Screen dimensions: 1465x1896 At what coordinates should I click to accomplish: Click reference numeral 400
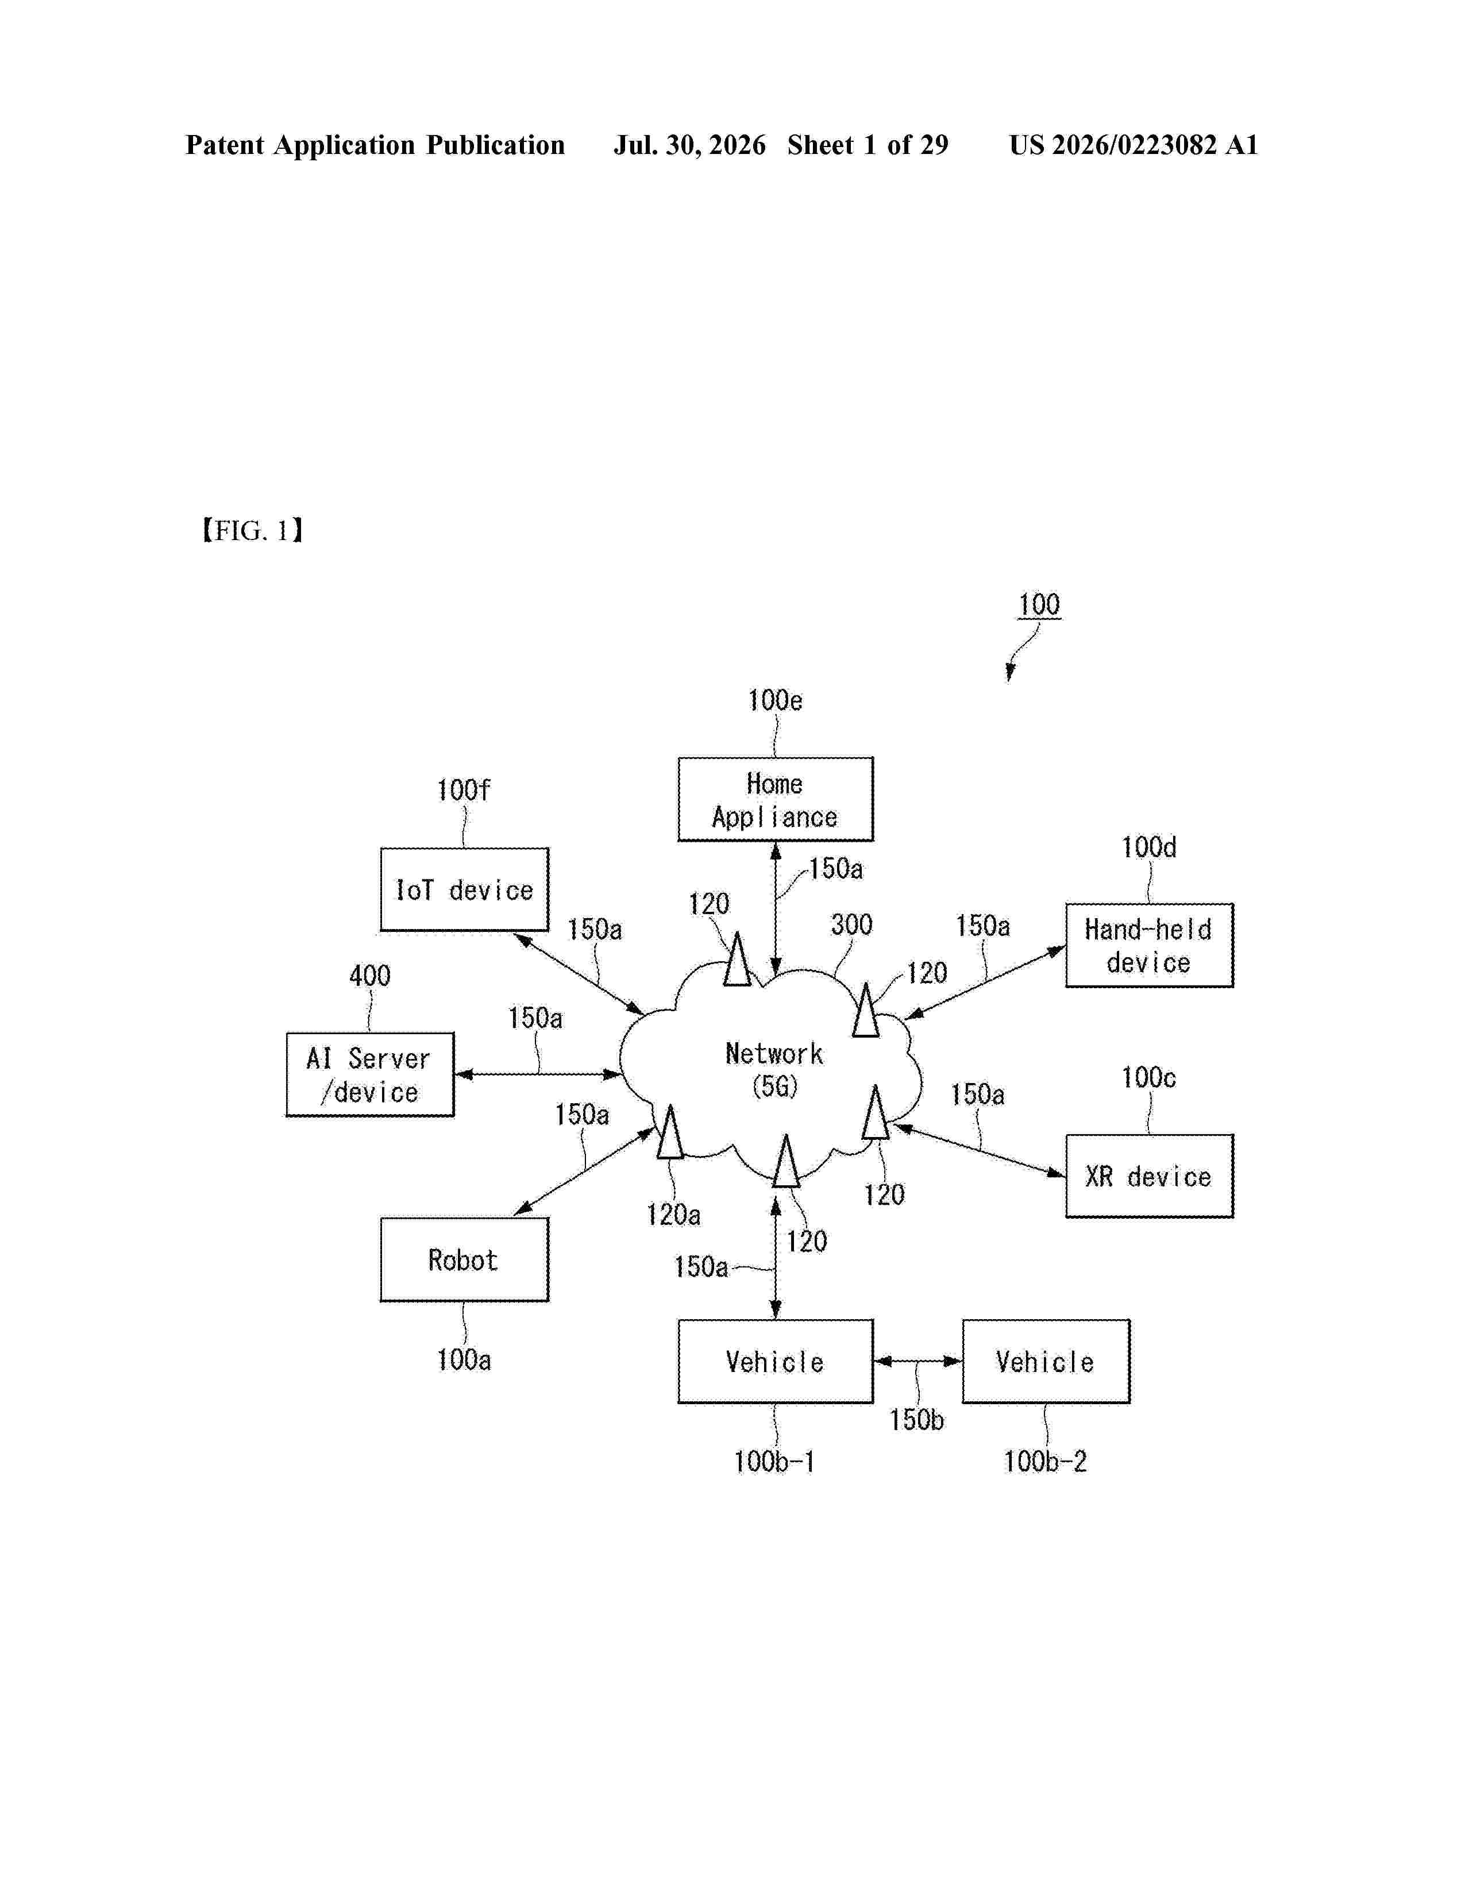pyautogui.click(x=370, y=976)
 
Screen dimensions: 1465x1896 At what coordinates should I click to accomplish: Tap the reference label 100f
pyautogui.click(x=464, y=790)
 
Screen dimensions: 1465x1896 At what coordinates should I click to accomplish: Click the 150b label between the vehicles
pyautogui.click(x=916, y=1419)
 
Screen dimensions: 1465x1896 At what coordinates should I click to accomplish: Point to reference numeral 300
pyautogui.click(x=851, y=924)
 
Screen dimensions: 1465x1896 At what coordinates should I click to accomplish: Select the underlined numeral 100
pyautogui.click(x=1039, y=604)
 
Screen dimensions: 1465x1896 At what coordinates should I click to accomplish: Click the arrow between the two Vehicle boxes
pyautogui.click(x=917, y=1361)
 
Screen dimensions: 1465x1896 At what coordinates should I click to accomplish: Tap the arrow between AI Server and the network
pyautogui.click(x=538, y=1074)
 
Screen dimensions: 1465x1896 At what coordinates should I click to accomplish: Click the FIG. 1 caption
pyautogui.click(x=253, y=530)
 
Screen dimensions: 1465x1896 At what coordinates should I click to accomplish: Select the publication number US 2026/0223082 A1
pyautogui.click(x=1134, y=145)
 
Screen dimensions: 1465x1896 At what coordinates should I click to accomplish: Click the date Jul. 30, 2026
pyautogui.click(x=690, y=145)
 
